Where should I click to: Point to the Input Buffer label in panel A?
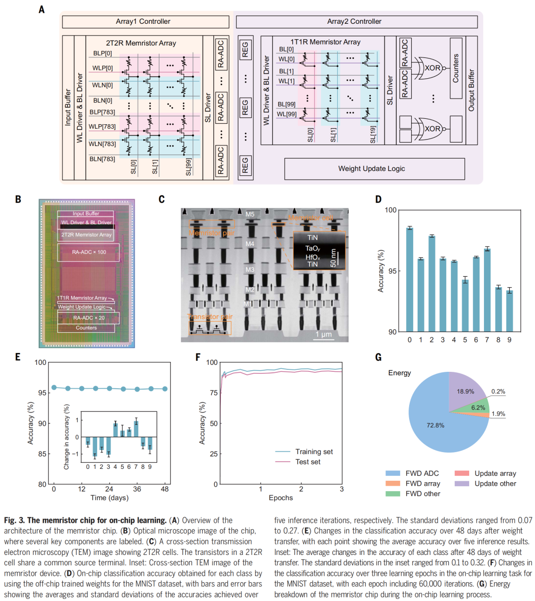pos(68,107)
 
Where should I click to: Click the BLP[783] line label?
pos(103,112)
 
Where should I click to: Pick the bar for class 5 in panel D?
pos(465,305)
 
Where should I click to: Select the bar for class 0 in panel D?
pos(410,279)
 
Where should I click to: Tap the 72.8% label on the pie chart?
pos(435,425)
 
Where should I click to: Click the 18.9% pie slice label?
pos(465,391)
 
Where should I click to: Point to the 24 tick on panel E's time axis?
pos(109,489)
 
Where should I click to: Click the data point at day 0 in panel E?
pos(54,388)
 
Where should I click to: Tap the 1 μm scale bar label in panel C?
pos(323,335)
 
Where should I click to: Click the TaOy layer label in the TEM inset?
pos(313,249)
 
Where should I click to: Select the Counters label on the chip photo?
pos(86,328)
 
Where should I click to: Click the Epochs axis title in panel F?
pos(281,498)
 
